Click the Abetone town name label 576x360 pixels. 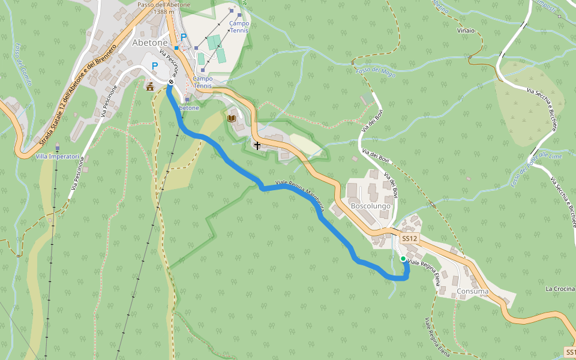[149, 43]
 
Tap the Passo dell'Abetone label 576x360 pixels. [164, 5]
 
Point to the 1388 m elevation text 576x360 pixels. [164, 12]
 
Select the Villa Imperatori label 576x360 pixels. [58, 157]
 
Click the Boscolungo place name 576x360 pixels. [370, 206]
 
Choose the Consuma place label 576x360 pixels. [473, 292]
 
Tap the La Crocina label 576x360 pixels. [560, 289]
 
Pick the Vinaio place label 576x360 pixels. [466, 31]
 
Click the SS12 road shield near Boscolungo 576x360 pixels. [409, 238]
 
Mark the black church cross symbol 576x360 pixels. [257, 145]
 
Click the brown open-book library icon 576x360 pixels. [232, 118]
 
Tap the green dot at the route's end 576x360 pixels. [403, 259]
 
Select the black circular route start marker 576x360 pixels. [171, 82]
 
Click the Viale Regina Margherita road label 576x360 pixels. [300, 195]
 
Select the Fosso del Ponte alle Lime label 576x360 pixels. [528, 168]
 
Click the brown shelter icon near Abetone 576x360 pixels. [150, 86]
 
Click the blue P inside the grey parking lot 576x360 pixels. [155, 66]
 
